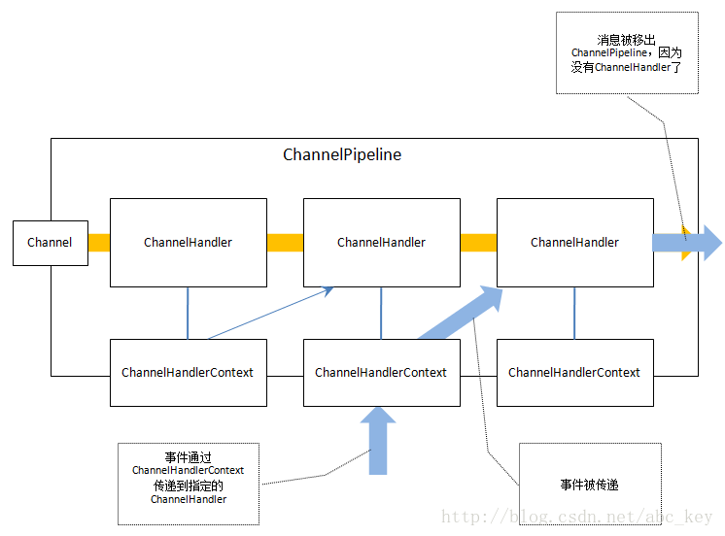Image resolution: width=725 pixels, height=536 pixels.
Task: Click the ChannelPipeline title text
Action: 342,154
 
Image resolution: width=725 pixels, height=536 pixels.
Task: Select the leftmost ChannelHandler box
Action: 188,243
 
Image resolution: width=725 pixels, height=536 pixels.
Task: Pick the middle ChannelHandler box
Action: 381,243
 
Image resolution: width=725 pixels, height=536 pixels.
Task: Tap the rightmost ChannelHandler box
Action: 574,243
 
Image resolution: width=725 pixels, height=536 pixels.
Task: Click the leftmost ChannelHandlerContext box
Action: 188,373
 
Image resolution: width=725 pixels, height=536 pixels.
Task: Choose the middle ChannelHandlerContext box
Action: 381,373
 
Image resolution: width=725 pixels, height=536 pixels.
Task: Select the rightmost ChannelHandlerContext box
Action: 574,373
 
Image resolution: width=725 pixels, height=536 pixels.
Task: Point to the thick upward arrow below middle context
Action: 378,442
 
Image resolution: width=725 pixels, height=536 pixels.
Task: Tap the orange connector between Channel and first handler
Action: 99,243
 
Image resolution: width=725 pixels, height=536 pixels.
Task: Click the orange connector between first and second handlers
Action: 285,243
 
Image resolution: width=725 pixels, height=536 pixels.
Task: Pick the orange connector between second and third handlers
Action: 478,243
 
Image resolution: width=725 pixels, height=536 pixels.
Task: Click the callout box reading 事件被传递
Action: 590,485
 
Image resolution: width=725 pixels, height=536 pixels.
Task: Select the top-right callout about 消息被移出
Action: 626,52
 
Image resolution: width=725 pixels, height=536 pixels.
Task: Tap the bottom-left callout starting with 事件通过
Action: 189,484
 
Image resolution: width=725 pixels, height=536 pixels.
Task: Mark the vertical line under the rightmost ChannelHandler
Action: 574,313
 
